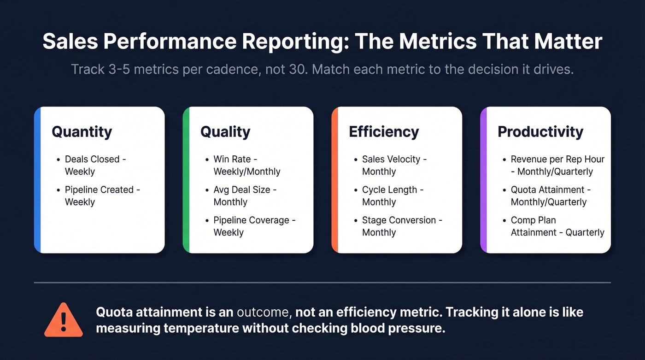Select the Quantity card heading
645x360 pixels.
82,132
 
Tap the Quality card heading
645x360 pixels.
225,132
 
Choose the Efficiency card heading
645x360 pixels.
383,132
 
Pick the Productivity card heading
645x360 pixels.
540,132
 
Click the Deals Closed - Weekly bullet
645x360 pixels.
95,165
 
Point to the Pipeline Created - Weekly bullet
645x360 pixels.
102,196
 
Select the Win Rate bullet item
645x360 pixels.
246,165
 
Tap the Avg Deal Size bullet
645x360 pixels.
245,196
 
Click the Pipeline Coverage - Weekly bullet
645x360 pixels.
254,226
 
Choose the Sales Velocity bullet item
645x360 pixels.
394,165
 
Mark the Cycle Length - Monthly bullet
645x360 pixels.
392,196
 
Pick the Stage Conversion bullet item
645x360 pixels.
402,226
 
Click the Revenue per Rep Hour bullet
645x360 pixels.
557,165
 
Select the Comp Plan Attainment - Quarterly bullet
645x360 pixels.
557,226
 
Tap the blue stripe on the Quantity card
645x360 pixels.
37,180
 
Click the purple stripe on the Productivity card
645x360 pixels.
483,180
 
